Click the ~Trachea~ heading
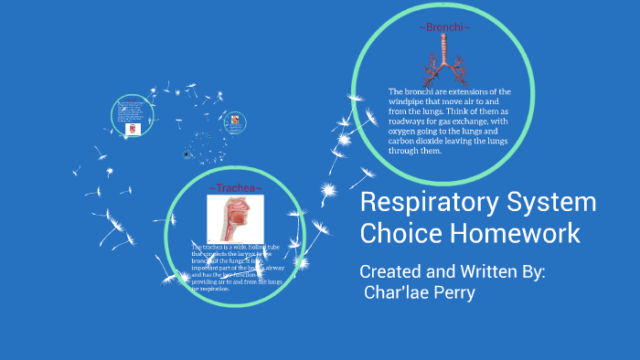(x=236, y=188)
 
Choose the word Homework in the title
(x=514, y=234)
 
